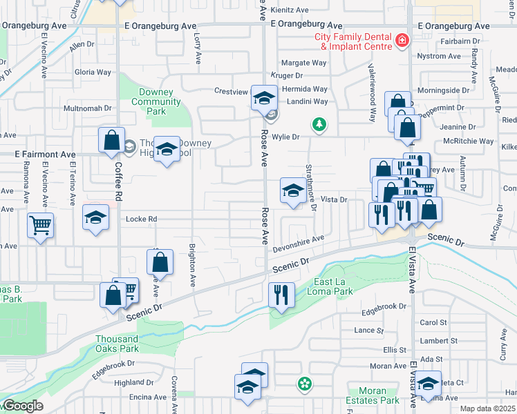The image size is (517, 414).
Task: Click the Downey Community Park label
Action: click(x=156, y=102)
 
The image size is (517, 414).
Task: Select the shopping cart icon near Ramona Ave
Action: click(x=41, y=225)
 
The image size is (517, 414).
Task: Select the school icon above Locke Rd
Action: click(x=95, y=217)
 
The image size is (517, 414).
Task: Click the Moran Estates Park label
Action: click(x=378, y=395)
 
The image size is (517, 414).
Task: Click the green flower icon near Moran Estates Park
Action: click(x=303, y=383)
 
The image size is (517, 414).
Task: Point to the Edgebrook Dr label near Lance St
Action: click(x=382, y=306)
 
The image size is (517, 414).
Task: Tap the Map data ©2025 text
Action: click(x=488, y=408)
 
